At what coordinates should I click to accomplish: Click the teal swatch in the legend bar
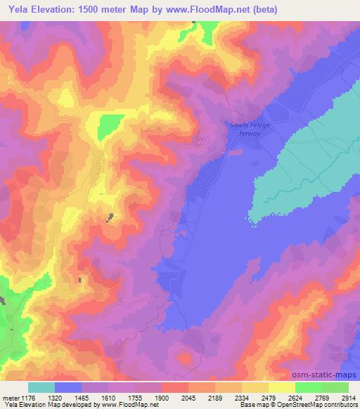coord(41,387)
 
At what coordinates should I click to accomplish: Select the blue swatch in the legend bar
coord(68,387)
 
